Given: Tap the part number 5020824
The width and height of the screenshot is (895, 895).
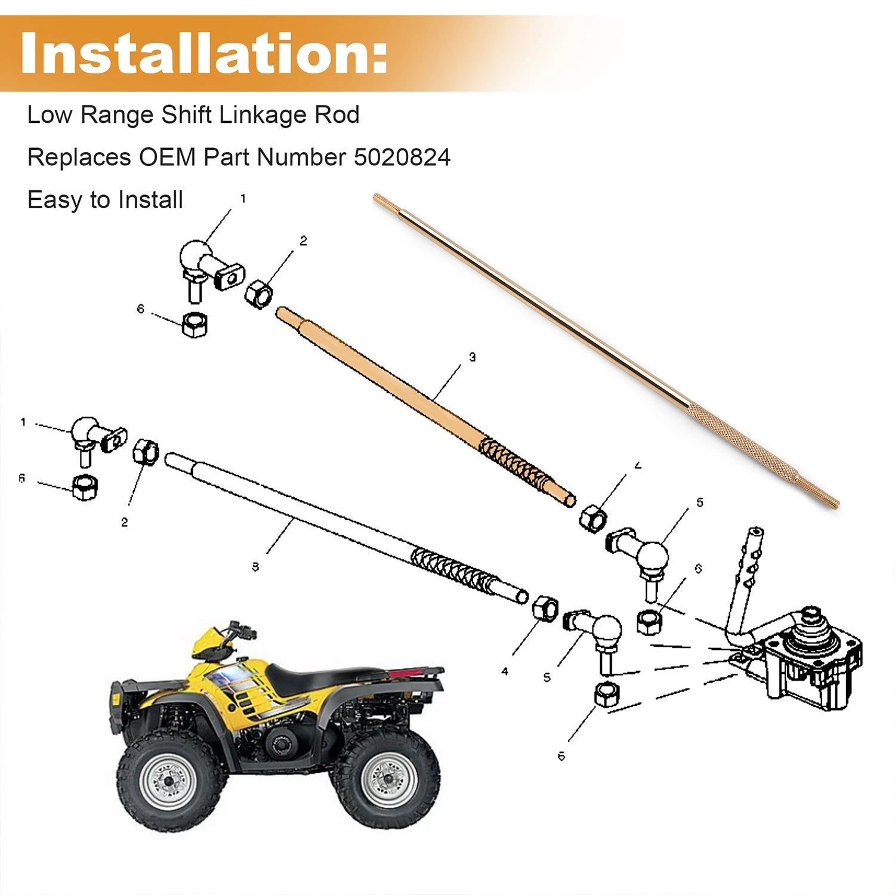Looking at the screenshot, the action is point(402,158).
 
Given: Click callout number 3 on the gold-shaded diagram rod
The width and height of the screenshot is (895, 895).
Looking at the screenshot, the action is point(472,357).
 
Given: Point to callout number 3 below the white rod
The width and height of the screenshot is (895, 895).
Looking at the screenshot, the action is point(255,567).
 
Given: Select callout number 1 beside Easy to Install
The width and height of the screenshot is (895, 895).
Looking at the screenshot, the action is point(243,199).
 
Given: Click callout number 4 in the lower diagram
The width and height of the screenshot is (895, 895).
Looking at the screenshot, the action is point(505,671).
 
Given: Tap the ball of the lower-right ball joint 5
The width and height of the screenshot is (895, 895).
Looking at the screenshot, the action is point(606,631).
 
